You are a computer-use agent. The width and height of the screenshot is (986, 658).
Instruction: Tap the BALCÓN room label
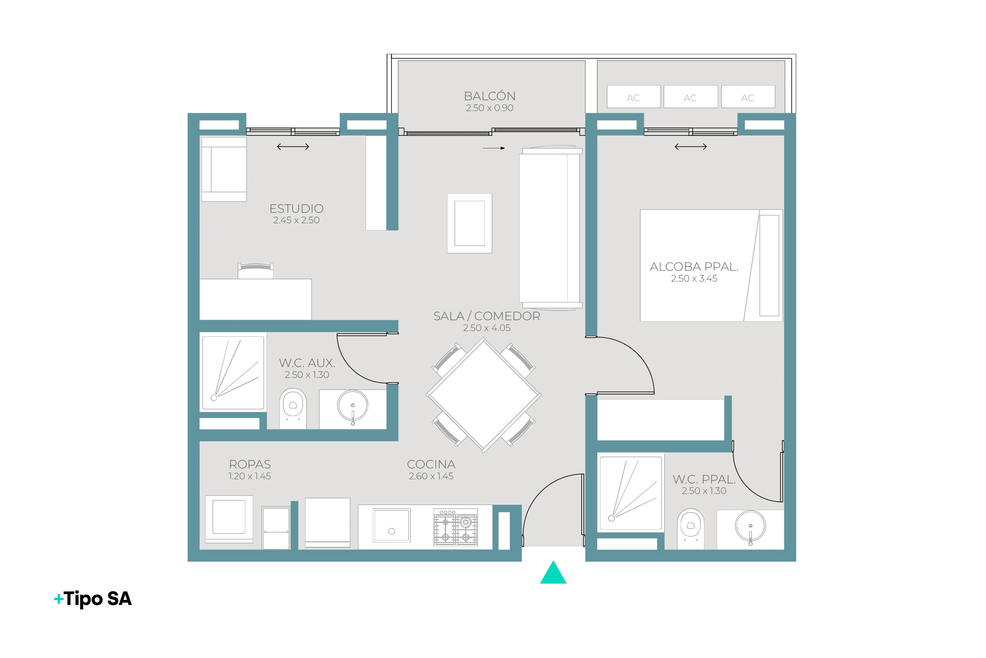pyautogui.click(x=490, y=96)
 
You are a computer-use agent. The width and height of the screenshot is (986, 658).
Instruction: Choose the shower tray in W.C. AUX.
pyautogui.click(x=233, y=373)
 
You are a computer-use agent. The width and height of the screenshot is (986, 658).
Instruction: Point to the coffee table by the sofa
pyautogui.click(x=470, y=223)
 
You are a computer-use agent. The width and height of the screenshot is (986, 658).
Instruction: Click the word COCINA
pyautogui.click(x=431, y=464)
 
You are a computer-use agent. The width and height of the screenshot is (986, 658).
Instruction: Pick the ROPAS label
pyautogui.click(x=250, y=464)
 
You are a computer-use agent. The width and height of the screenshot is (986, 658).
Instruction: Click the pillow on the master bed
pyautogui.click(x=769, y=266)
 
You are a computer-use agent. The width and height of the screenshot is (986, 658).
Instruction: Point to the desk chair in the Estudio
pyautogui.click(x=255, y=271)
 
